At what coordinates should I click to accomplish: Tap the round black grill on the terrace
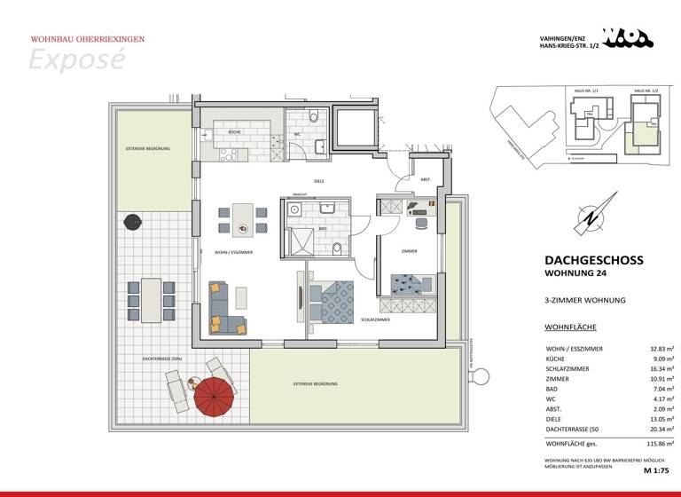pyautogui.click(x=133, y=221)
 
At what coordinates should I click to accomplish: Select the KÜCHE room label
pyautogui.click(x=234, y=131)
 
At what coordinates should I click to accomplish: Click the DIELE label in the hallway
pyautogui.click(x=318, y=181)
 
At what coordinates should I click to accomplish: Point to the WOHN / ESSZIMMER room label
pyautogui.click(x=234, y=252)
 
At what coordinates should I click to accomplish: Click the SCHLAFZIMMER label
pyautogui.click(x=377, y=319)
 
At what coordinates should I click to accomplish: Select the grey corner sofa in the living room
pyautogui.click(x=225, y=307)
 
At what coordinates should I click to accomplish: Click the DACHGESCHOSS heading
pyautogui.click(x=593, y=260)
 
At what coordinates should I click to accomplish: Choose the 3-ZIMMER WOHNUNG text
pyautogui.click(x=584, y=300)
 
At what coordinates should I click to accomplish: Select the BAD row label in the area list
pyautogui.click(x=551, y=388)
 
